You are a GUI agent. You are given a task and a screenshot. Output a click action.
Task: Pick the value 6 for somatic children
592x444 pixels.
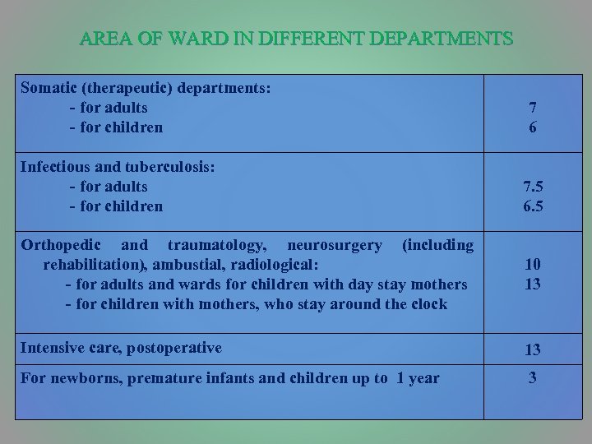(533, 128)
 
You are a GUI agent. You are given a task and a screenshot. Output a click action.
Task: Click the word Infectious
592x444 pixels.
(55, 166)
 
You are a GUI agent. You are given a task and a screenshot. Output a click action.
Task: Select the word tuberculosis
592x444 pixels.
(170, 166)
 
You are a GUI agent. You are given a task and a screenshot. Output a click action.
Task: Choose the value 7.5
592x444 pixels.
(533, 187)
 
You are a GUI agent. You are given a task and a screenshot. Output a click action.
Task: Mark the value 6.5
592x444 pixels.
(533, 206)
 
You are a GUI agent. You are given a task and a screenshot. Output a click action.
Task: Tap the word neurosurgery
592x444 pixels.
(335, 245)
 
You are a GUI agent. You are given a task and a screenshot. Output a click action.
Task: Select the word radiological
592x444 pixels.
(282, 265)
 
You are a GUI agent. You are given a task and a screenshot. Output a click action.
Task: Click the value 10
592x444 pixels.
(533, 266)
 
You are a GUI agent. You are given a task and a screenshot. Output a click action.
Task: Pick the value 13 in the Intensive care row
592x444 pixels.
(533, 350)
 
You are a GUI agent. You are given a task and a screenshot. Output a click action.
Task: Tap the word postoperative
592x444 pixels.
(173, 348)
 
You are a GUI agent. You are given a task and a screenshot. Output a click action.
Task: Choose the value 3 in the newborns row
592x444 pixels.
(533, 379)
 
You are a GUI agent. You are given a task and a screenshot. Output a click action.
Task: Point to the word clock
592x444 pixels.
(428, 304)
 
